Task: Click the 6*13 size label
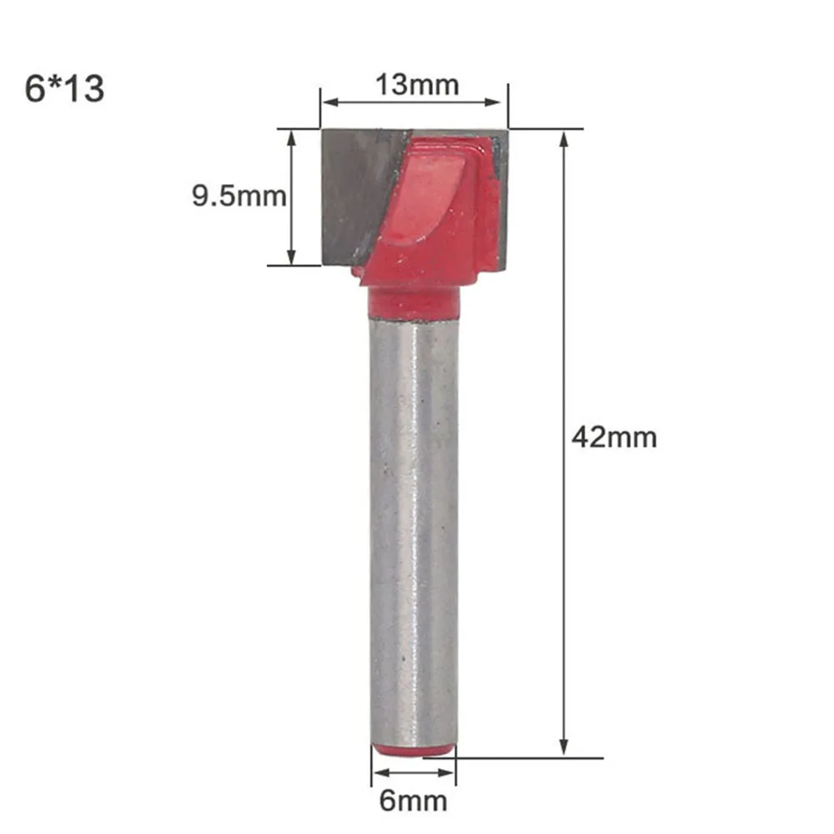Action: [64, 88]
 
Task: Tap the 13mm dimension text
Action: [417, 85]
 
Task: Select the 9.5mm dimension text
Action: [239, 196]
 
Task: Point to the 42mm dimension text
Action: [615, 438]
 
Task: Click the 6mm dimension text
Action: [414, 801]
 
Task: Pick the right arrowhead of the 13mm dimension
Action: [493, 102]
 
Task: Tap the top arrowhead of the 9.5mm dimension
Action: [291, 138]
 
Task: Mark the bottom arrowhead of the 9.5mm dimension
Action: [291, 256]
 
